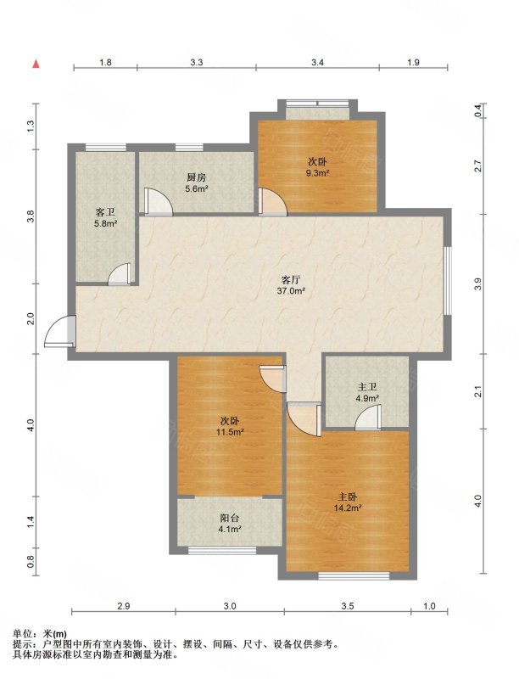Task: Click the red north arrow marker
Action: click(x=36, y=65)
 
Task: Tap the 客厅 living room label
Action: click(x=291, y=279)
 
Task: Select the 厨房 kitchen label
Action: click(x=196, y=177)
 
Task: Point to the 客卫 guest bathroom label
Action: click(x=105, y=213)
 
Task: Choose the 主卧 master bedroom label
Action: click(x=348, y=497)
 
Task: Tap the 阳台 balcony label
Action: click(x=230, y=518)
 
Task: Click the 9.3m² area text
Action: click(x=318, y=173)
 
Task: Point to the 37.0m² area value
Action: click(x=291, y=291)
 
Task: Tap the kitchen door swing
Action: click(x=158, y=201)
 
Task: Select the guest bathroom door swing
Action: click(x=119, y=274)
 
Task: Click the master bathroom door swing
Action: click(x=368, y=418)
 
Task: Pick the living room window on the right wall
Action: click(x=449, y=281)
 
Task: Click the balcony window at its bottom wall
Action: click(x=222, y=550)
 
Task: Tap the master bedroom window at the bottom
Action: click(x=354, y=576)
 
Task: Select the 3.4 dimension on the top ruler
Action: click(x=317, y=62)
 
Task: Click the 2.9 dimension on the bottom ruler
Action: click(x=123, y=606)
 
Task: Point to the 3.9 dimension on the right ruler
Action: click(x=477, y=284)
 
